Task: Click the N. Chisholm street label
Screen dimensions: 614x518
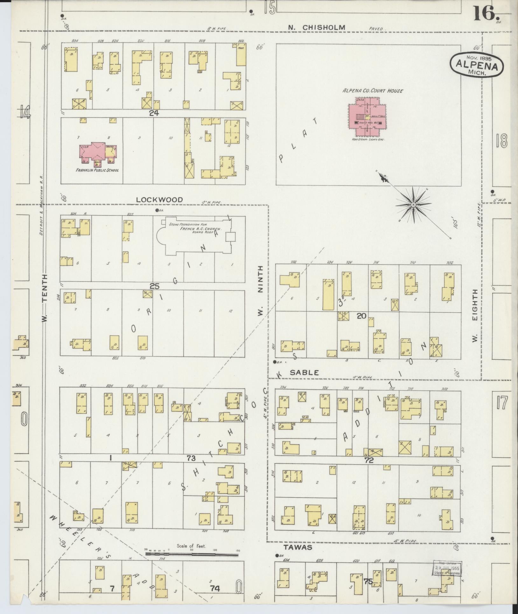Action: (316, 28)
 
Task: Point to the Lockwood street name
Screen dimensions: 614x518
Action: (159, 200)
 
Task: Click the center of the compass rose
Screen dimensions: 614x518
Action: (413, 204)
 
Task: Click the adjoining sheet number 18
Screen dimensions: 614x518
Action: (501, 141)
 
